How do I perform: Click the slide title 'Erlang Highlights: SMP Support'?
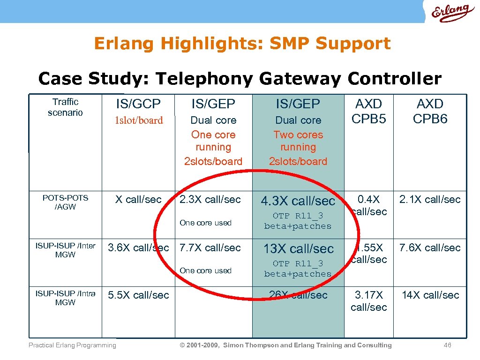242,44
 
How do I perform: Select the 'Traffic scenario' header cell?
65,107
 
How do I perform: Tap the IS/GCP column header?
139,104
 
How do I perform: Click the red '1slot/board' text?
139,120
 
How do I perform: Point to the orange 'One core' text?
213,135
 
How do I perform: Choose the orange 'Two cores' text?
298,135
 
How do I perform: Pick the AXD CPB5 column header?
369,111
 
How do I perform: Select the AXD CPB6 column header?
430,111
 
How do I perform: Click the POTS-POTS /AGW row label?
65,202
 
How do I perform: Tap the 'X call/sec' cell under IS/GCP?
139,200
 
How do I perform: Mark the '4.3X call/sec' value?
298,201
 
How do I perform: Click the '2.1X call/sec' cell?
430,200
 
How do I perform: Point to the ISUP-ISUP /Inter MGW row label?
65,250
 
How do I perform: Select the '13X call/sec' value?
298,248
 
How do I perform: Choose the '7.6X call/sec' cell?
430,247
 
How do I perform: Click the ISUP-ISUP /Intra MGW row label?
65,298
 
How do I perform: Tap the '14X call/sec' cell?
430,295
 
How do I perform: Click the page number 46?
447,345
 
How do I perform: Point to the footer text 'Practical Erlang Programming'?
72,345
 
